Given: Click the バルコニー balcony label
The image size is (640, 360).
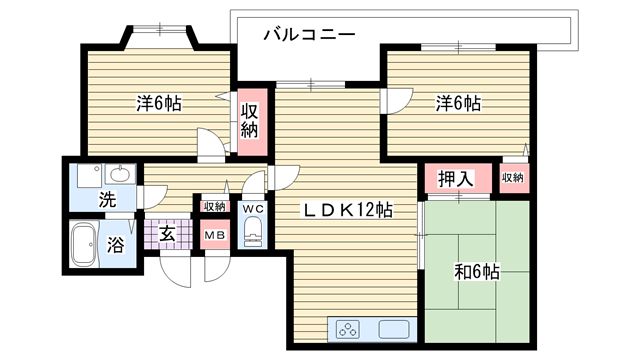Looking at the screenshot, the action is tap(309, 34).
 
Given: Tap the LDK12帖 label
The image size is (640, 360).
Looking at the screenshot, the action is tap(347, 210).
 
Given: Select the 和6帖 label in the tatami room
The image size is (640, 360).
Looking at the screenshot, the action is tap(477, 272).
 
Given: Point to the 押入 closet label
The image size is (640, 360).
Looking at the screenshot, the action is tap(456, 178).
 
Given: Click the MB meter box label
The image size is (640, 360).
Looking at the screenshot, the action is tap(215, 235).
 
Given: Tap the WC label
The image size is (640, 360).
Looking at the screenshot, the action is tap(253, 209).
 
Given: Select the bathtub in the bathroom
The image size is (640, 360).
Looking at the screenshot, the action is tap(85, 244).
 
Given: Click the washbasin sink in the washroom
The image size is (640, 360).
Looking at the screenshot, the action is tap(121, 174).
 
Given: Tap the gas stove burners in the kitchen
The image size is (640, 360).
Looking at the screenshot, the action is tap(348, 329).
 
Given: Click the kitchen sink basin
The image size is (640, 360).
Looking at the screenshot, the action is tap(394, 329).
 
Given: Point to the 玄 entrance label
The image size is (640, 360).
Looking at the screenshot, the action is tap(167, 234).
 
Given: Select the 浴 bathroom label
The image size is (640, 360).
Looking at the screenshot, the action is tap(116, 244).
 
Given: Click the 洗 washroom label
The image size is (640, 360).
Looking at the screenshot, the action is tap(107, 199).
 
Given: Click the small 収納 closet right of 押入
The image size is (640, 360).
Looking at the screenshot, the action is tap(513, 178).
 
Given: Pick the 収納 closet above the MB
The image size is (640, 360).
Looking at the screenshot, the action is tap(215, 207).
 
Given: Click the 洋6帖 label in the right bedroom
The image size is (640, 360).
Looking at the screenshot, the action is tap(458, 103).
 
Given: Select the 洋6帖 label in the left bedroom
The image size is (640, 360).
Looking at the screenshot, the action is tap(159, 103).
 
